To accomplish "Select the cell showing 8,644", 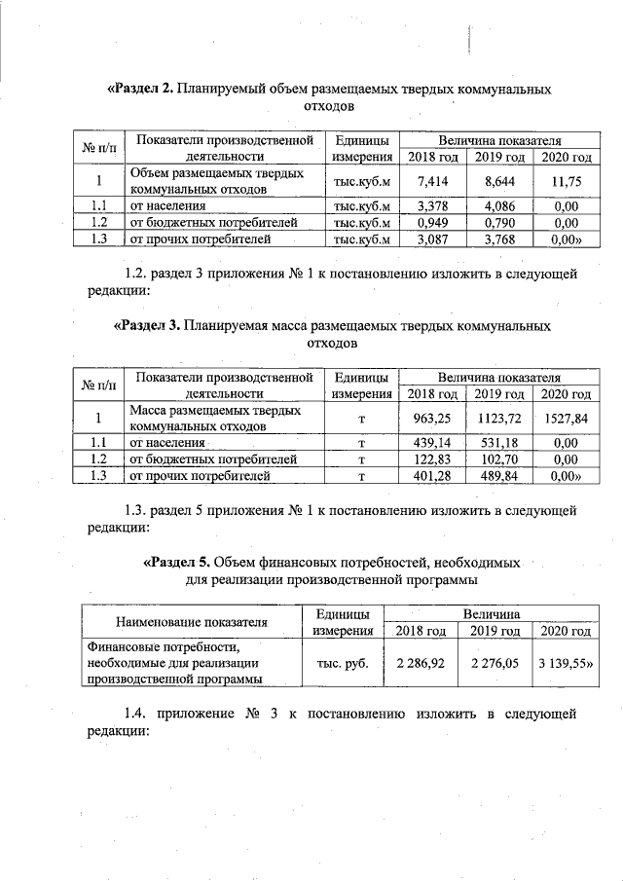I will (x=498, y=181).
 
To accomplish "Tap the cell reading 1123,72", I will (x=498, y=419).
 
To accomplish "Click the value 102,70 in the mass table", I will (x=498, y=459).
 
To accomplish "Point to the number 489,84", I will (x=498, y=475).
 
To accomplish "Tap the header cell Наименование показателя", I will (x=191, y=622).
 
